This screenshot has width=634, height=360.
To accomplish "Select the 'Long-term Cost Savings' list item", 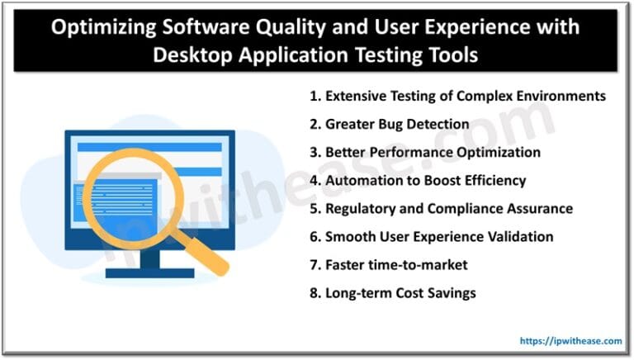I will coord(392,292).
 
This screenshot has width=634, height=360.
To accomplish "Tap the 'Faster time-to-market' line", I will coord(388,264).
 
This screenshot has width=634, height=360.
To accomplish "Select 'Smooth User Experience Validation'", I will coord(431,236).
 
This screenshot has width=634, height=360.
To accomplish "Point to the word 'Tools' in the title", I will coord(450,55).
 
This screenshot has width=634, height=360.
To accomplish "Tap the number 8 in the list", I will coord(314,292).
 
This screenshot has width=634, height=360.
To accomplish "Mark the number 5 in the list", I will coord(314,208).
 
